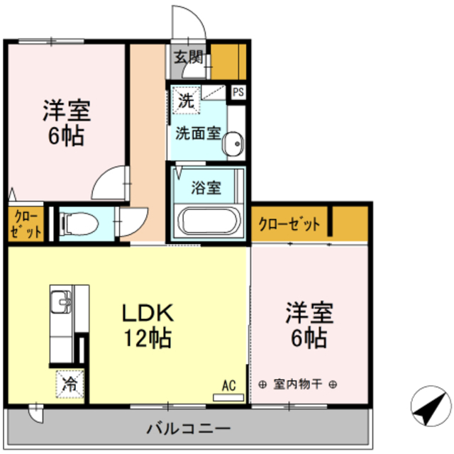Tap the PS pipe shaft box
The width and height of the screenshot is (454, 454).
tap(238, 91)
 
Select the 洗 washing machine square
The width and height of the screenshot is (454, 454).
tap(185, 101)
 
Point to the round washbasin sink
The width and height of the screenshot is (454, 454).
tap(231, 145)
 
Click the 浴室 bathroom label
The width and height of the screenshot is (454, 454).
tap(206, 188)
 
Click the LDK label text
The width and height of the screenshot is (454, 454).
tap(149, 312)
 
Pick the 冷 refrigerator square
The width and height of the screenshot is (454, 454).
tap(70, 385)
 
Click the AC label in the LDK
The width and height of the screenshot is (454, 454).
tap(228, 386)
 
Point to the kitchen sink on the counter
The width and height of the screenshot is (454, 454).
tap(61, 305)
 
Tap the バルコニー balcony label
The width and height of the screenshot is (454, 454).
tap(187, 428)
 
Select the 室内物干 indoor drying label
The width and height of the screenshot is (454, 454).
tap(298, 384)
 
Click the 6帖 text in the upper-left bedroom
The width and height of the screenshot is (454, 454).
tap(66, 135)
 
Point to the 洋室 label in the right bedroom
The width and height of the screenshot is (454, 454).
tap(310, 312)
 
